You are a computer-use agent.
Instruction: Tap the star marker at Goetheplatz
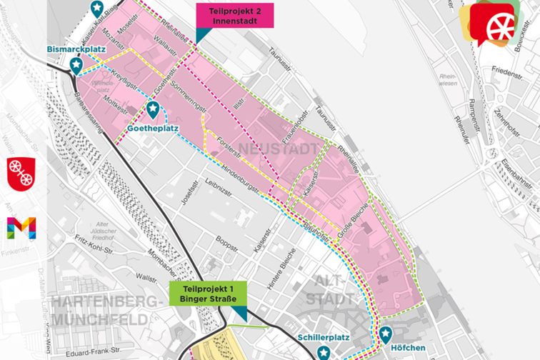pyautogui.click(x=153, y=109)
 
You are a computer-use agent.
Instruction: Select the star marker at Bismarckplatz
pyautogui.click(x=76, y=65)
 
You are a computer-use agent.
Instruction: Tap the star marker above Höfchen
pyautogui.click(x=386, y=333)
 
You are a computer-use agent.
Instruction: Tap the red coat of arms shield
pyautogui.click(x=21, y=172)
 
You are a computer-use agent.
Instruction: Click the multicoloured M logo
pyautogui.click(x=21, y=228)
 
